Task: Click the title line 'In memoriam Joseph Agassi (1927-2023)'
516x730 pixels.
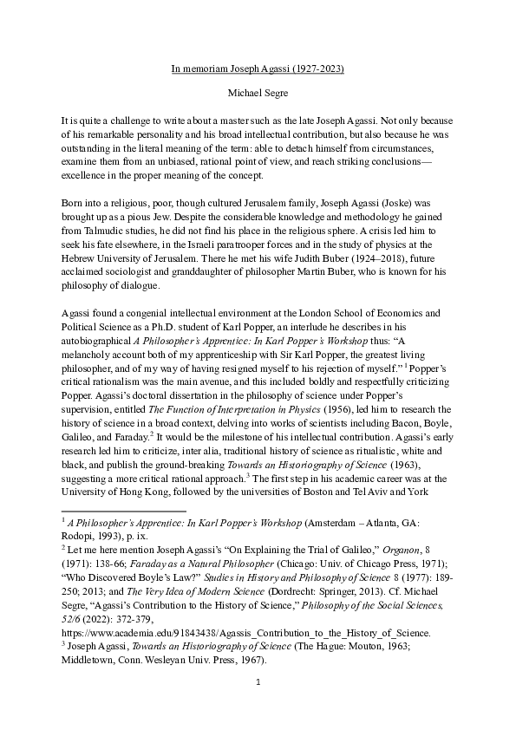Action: (258, 66)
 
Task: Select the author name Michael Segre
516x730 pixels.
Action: (258, 90)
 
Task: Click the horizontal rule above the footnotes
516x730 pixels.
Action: (124, 512)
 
